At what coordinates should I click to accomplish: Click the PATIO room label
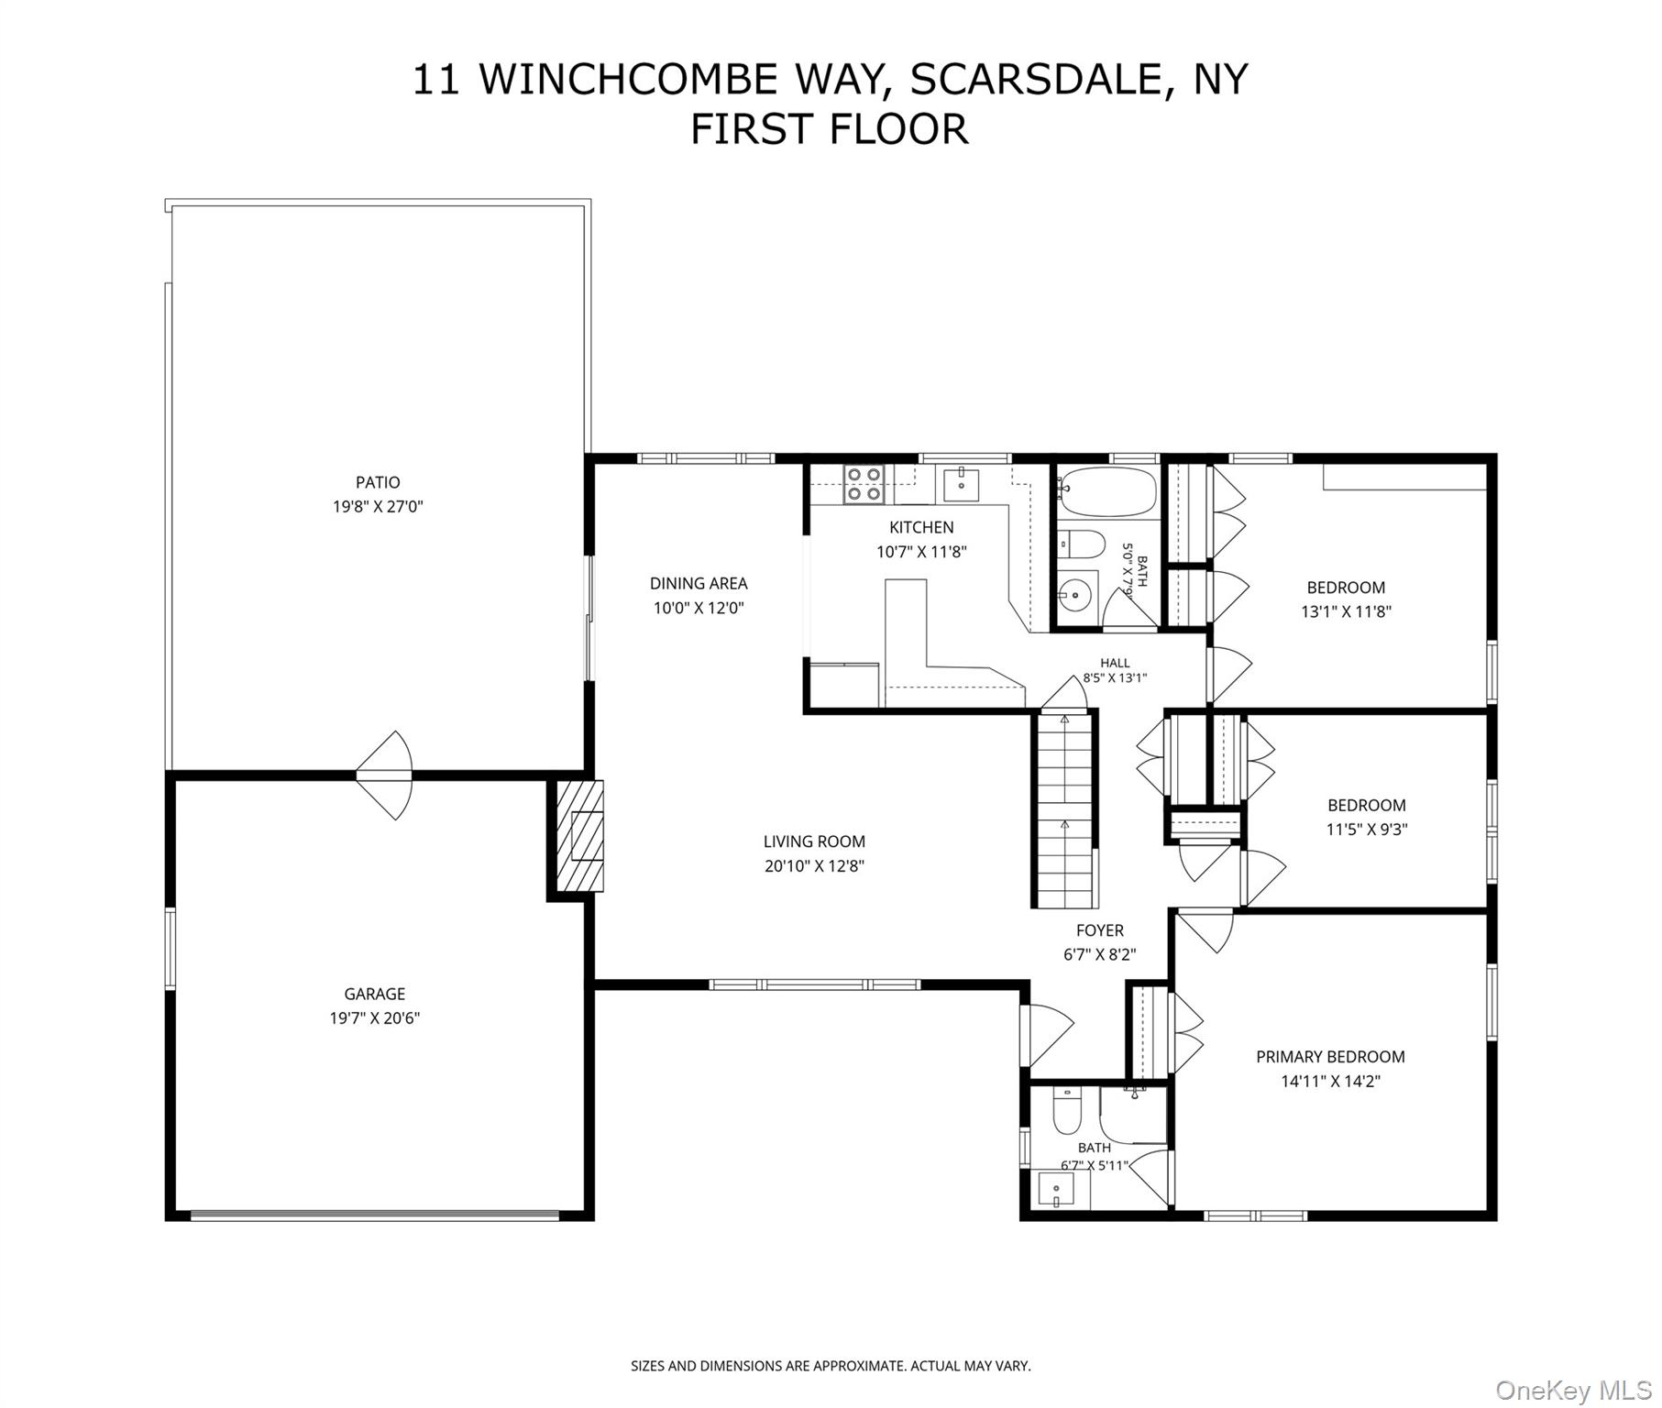[x=378, y=482]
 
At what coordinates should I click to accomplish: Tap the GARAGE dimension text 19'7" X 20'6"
[x=375, y=1017]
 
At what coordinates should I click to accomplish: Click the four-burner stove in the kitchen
[x=864, y=484]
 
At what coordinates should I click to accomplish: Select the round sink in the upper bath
[x=1074, y=595]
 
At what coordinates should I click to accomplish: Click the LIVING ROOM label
[x=814, y=841]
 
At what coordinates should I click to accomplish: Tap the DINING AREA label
[x=699, y=583]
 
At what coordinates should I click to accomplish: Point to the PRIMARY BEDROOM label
[x=1330, y=1057]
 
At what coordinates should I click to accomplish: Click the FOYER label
[x=1100, y=930]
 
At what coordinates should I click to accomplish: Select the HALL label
[x=1115, y=663]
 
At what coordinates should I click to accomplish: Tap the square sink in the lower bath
[x=1057, y=1190]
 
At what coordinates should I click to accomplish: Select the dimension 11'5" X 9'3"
[x=1367, y=830]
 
